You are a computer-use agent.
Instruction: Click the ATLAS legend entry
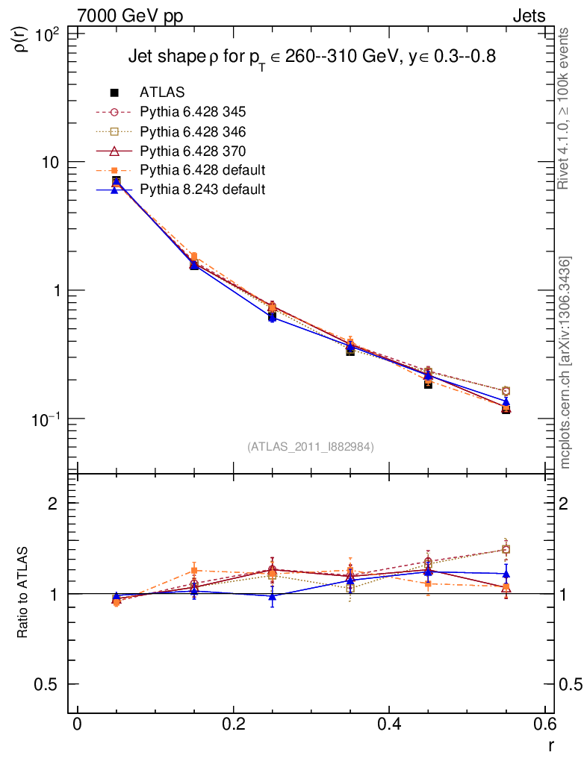(x=161, y=93)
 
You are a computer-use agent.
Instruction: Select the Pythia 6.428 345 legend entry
(x=193, y=112)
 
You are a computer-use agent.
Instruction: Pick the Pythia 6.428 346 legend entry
(x=193, y=131)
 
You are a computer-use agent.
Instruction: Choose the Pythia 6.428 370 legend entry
(x=193, y=151)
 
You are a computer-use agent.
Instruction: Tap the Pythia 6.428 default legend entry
(x=202, y=170)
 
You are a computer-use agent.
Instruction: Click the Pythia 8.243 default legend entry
(x=202, y=190)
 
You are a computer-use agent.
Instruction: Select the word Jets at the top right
(x=528, y=15)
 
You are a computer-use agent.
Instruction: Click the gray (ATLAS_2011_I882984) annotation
(x=311, y=446)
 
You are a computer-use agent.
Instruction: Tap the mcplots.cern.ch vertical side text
(x=566, y=363)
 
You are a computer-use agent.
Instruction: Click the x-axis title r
(x=551, y=745)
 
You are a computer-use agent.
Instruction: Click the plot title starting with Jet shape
(x=311, y=57)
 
